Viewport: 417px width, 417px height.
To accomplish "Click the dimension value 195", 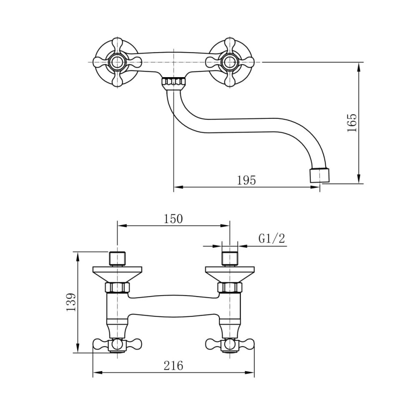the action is coord(246,181).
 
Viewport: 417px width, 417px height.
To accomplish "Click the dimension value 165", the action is coord(352,123).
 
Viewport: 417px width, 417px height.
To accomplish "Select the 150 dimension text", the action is coord(173,219).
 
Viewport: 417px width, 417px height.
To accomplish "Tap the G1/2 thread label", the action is coord(271,238).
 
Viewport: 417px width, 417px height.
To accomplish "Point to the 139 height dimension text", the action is coord(71,302).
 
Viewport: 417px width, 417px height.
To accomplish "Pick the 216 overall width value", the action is coord(173,365).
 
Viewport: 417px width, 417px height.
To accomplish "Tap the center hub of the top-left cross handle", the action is coord(117,63).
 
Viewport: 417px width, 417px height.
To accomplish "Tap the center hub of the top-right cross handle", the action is coord(229,63).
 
